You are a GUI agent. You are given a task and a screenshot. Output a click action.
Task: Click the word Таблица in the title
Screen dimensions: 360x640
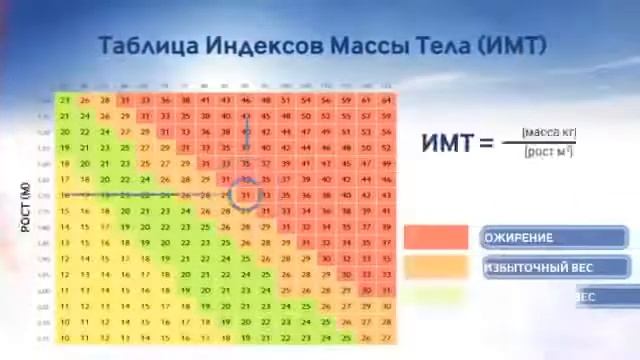[x=147, y=46]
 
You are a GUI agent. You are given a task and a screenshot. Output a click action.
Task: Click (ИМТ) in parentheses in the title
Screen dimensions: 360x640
[x=512, y=46]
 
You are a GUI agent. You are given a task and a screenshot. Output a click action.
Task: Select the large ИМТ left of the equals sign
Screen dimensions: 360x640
[x=446, y=142]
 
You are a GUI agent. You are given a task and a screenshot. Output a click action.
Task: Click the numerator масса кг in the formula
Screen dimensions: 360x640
[x=548, y=132]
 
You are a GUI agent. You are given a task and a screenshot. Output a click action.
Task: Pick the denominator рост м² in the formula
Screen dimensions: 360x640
[x=548, y=151]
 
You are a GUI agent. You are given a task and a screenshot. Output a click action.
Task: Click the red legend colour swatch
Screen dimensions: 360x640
[x=436, y=238]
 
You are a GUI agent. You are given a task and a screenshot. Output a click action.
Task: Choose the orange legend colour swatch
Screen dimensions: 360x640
[x=436, y=268]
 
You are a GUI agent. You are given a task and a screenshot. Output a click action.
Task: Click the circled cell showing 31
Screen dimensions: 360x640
[x=246, y=195]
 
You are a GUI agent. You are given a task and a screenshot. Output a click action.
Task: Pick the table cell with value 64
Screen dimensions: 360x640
[x=386, y=100]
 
